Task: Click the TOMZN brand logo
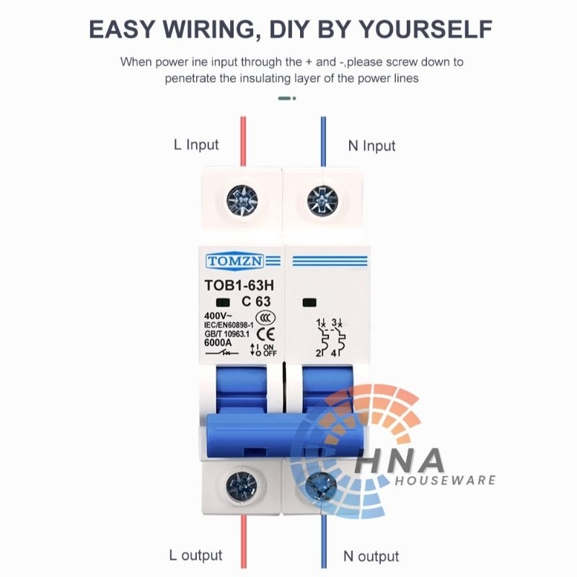coord(235,261)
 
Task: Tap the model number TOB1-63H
coord(239,285)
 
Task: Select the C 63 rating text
coord(256,301)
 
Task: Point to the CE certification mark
coord(265,334)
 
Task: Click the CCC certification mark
coord(265,317)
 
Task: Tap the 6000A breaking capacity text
coord(218,343)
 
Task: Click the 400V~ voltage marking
coord(219,316)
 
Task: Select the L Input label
coord(196,145)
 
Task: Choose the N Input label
coord(371,146)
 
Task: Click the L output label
coord(195,555)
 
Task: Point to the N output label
coord(371,556)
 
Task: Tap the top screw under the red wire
coord(242,201)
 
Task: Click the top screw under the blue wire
coord(322,201)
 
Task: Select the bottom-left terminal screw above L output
coord(242,486)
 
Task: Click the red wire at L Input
coord(243,141)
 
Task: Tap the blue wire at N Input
coord(323,141)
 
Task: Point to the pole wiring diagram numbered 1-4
coord(330,338)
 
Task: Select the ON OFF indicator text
coord(268,350)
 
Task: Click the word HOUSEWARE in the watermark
coord(446,480)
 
